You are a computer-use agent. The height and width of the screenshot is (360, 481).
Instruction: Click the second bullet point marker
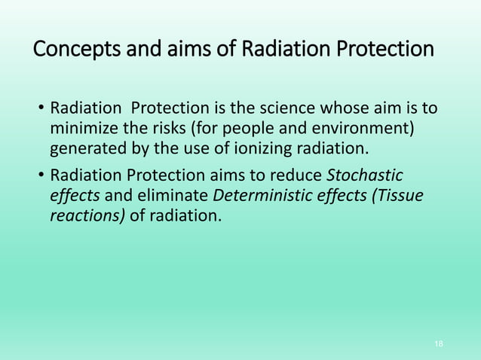pos(41,177)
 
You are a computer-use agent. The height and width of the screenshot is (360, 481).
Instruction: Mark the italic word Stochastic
pos(366,176)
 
